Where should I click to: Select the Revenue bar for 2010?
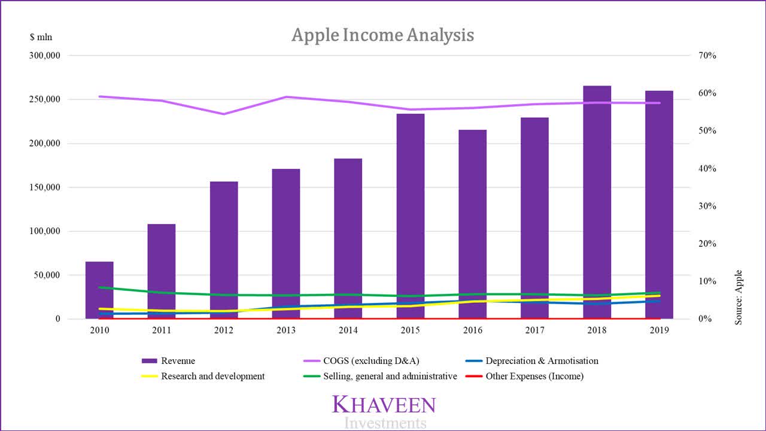click(99, 290)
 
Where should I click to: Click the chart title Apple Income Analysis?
click(382, 35)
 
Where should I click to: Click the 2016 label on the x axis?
click(473, 330)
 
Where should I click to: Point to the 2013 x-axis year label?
click(286, 330)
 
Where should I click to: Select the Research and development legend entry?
click(212, 377)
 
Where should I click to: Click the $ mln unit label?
click(41, 37)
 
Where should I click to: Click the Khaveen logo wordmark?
click(384, 404)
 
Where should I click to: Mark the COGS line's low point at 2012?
click(224, 114)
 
